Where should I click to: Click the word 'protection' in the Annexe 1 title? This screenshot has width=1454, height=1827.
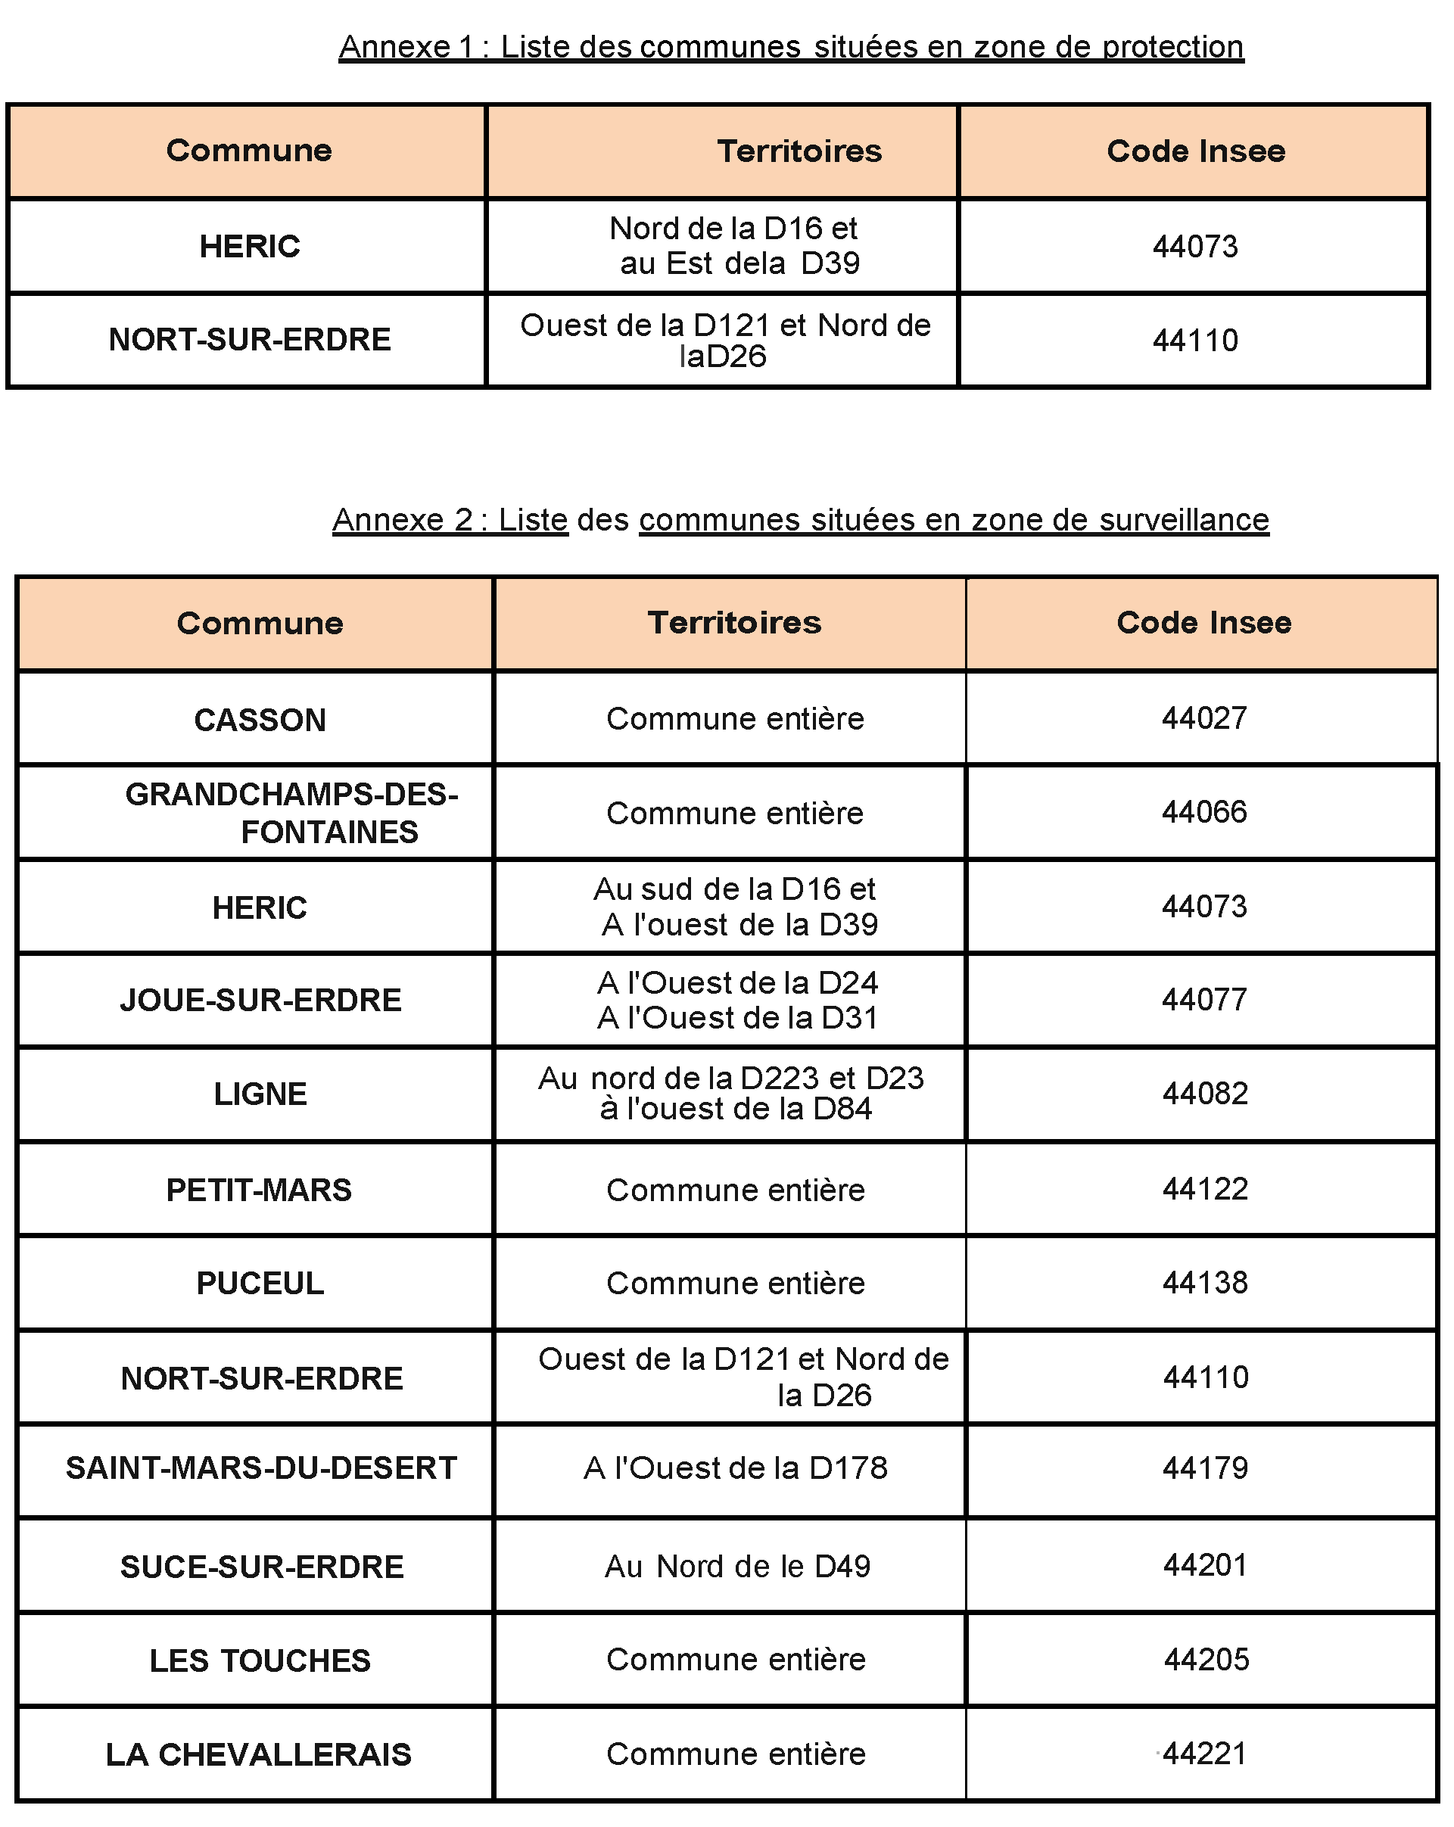click(1172, 47)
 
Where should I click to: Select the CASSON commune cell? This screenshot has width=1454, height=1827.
click(260, 721)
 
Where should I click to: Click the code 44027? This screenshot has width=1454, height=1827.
click(1204, 718)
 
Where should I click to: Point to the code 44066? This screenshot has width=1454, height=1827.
click(1204, 813)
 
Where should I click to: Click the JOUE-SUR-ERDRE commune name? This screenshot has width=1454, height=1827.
click(260, 1001)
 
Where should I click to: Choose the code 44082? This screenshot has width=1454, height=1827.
click(1205, 1094)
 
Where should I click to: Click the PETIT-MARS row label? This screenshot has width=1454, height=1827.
click(258, 1191)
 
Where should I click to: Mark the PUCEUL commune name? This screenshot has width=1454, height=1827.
click(260, 1284)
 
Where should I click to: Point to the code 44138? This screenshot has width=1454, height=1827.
click(1205, 1283)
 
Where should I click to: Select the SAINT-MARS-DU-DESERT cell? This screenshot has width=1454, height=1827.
click(261, 1468)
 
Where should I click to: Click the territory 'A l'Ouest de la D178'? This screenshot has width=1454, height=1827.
click(736, 1468)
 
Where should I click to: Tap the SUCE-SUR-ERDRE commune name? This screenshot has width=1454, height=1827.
click(262, 1567)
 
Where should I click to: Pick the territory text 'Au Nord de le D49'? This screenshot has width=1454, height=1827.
click(737, 1567)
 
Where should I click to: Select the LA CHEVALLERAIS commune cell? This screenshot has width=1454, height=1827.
click(258, 1755)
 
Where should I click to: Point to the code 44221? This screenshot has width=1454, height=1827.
click(1205, 1754)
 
